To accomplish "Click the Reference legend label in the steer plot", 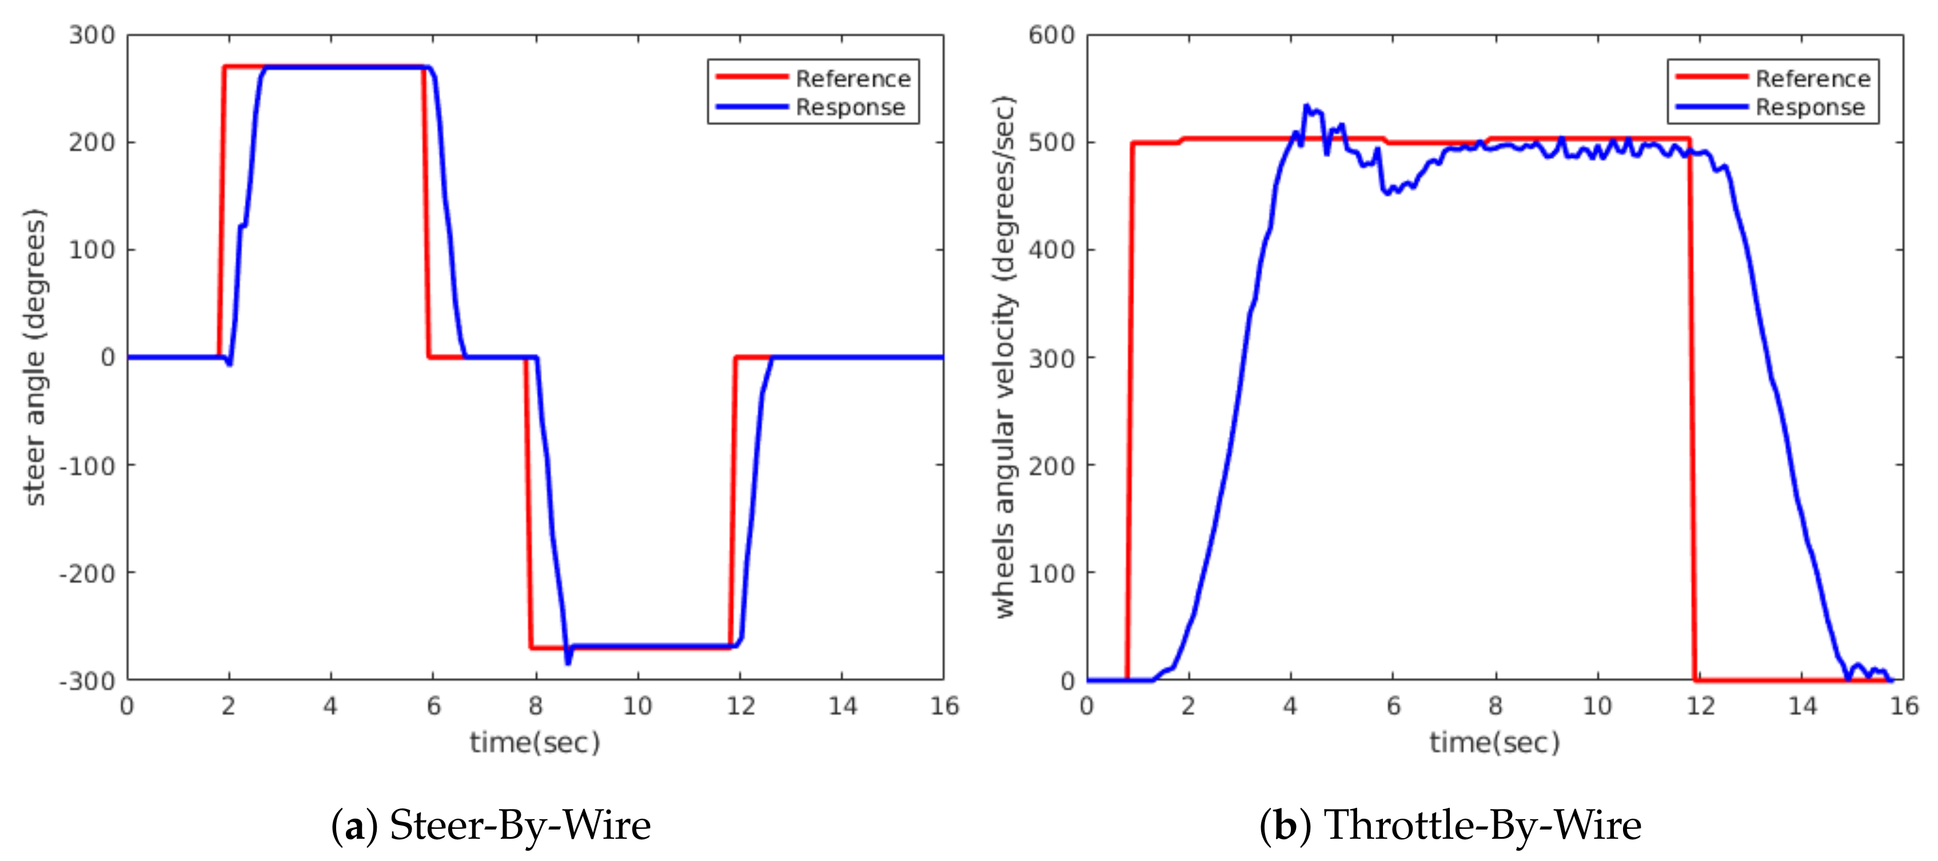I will (852, 78).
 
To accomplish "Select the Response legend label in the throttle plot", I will (1810, 107).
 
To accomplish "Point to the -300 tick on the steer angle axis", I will (88, 680).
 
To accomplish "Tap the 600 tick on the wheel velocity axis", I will (1052, 35).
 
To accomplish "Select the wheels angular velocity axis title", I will (1004, 357).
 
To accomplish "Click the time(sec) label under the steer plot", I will (535, 743).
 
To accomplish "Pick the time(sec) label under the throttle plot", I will (1495, 743).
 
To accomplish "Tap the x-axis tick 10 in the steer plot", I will (637, 706).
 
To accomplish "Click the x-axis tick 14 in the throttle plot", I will (1803, 706).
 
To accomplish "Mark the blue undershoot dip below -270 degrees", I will (568, 661).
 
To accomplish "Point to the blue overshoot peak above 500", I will (1306, 107).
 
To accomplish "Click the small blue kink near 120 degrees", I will (242, 225).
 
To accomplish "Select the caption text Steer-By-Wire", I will (520, 825).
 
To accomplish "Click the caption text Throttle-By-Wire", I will (1482, 825).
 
